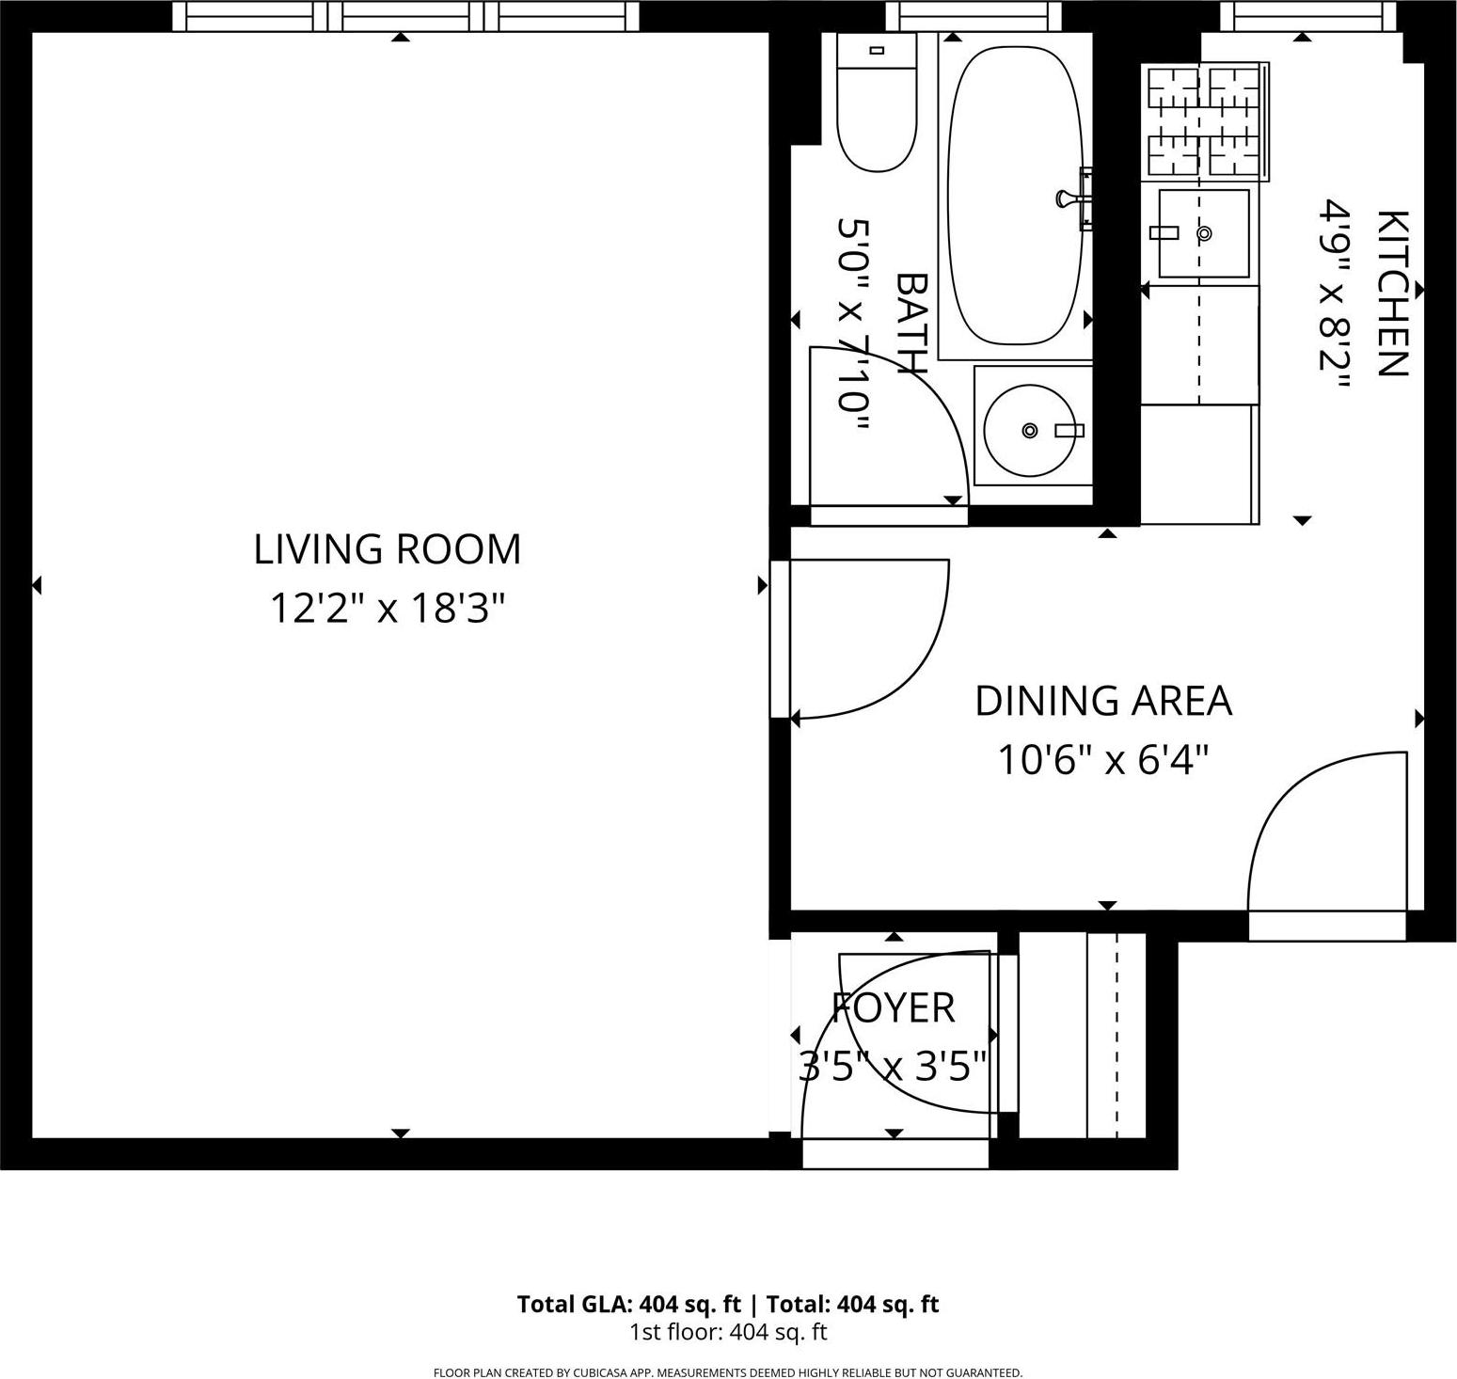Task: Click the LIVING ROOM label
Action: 387,549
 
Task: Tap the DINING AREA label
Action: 1102,702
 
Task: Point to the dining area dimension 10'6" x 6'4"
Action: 1102,760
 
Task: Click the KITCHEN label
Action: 1391,293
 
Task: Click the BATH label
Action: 911,325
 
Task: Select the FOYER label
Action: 893,1008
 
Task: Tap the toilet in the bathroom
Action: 876,103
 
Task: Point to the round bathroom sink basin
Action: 1030,430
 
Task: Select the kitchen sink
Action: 1203,233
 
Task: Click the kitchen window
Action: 1307,15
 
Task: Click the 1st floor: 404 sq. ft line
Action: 727,1332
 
